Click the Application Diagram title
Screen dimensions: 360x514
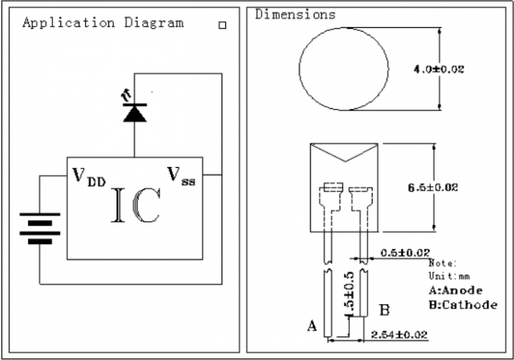point(103,22)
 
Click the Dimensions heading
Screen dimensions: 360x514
point(295,14)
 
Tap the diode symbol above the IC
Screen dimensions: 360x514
point(135,113)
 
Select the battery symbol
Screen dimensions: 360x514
point(40,228)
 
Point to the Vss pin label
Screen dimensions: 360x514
point(181,177)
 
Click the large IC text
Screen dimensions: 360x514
point(135,204)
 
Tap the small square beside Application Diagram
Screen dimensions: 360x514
point(222,24)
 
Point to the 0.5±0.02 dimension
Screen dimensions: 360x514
point(405,252)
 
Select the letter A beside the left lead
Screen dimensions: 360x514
point(311,326)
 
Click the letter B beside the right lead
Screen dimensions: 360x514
point(384,309)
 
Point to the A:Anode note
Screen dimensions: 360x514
point(455,290)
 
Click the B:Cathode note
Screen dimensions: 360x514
point(463,305)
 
